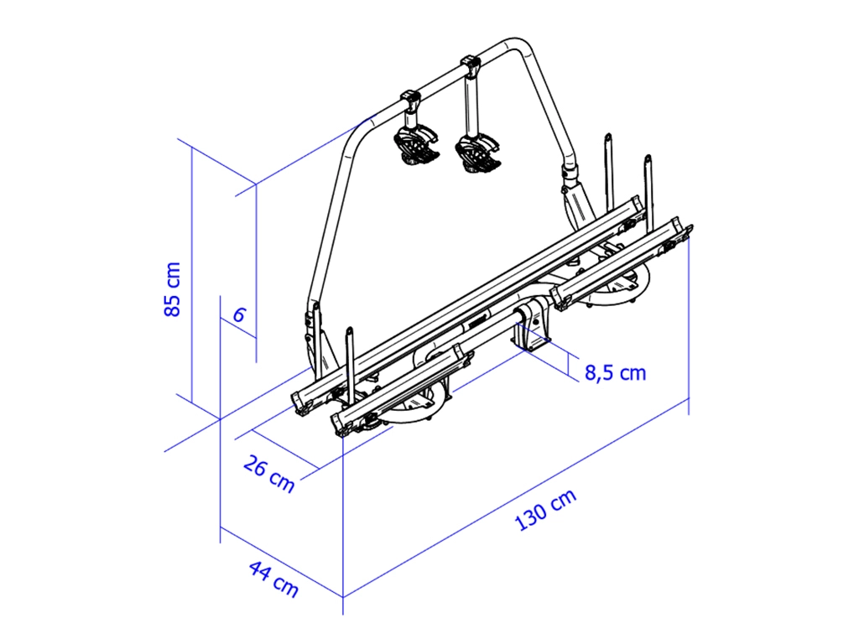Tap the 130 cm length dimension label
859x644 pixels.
(546, 509)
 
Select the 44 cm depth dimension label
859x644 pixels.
(274, 579)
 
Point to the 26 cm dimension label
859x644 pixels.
(269, 474)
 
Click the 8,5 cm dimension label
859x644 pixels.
(615, 373)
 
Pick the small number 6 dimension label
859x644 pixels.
(239, 315)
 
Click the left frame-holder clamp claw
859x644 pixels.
(416, 145)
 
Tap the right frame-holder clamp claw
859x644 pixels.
(477, 153)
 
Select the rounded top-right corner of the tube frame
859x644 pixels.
(522, 46)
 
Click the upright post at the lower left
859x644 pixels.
(349, 361)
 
